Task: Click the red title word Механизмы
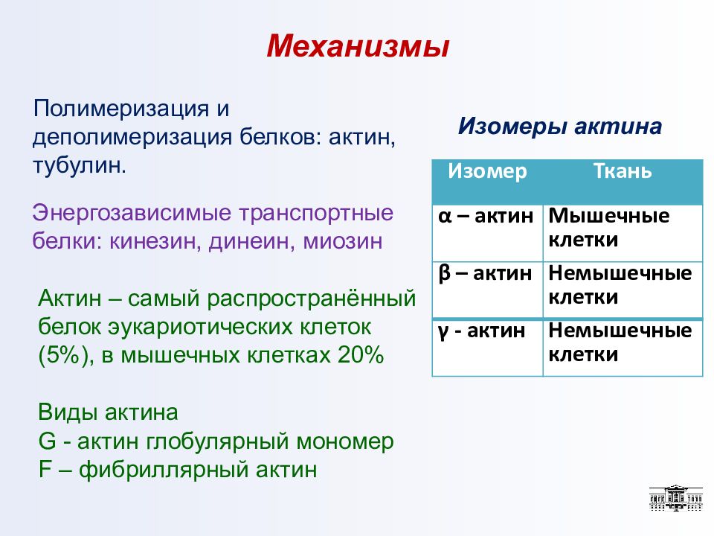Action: [358, 46]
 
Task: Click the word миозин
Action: [343, 241]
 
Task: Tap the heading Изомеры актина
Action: [559, 127]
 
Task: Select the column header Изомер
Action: [487, 171]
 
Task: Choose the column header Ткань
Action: [623, 171]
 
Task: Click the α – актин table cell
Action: [487, 233]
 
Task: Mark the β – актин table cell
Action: [487, 290]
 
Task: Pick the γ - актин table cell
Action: [487, 348]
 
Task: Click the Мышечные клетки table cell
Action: [623, 233]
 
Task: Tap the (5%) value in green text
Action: [65, 356]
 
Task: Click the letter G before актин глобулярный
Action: [48, 441]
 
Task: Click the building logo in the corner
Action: [676, 498]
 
